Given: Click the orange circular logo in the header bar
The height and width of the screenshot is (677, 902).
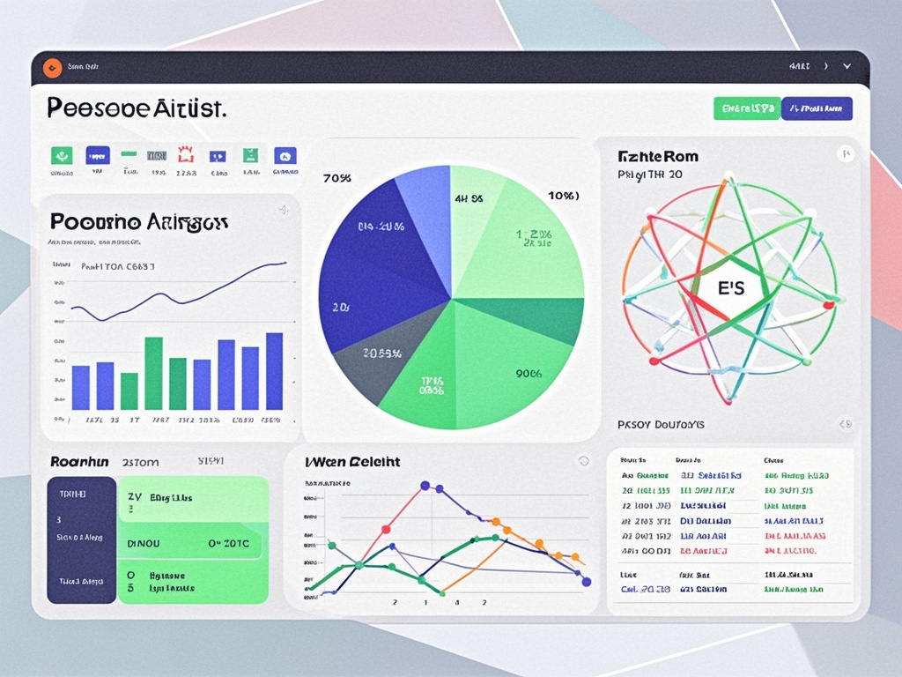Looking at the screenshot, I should [52, 66].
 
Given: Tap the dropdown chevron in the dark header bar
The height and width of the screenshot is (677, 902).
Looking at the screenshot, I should [847, 66].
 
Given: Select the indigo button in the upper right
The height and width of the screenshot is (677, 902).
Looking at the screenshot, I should [817, 108].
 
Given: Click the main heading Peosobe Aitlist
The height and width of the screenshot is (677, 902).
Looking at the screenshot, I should [137, 108].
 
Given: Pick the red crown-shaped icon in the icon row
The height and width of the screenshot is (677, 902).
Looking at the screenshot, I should [185, 155].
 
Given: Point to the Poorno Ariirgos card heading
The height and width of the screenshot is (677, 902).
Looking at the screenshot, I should [139, 221].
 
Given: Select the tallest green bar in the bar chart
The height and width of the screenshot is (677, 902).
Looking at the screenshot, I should [153, 373].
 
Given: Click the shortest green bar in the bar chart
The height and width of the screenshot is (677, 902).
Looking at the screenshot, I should [129, 391].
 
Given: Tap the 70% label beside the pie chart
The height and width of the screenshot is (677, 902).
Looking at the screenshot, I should [337, 178].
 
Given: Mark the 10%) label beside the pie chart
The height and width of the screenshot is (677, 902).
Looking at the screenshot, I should [563, 195].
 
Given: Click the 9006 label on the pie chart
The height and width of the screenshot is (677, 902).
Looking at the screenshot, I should [529, 373].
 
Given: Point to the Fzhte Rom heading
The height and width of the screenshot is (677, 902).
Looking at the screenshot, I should [658, 156].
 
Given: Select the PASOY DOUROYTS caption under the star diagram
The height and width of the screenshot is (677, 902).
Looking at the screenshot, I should [662, 425].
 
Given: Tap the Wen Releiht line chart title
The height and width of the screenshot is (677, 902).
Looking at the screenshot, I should [352, 461].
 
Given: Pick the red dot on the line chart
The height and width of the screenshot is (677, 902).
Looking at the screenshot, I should [386, 530].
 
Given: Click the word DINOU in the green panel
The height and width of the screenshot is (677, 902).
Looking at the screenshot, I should [144, 544].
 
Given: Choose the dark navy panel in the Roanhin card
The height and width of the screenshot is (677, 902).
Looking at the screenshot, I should [81, 539].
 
